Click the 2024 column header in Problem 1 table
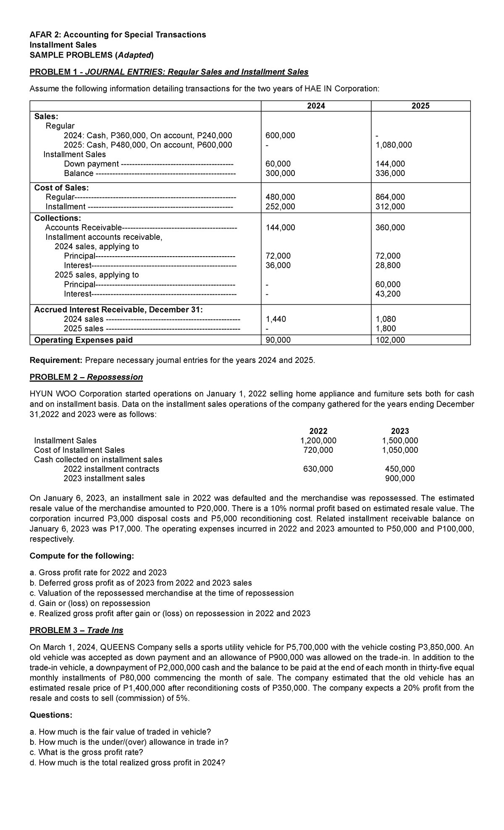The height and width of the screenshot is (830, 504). pyautogui.click(x=316, y=106)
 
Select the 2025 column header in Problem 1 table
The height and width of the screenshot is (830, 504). pyautogui.click(x=420, y=106)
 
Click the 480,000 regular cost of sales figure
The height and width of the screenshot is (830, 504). pyautogui.click(x=281, y=197)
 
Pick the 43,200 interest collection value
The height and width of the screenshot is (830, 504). pyautogui.click(x=388, y=294)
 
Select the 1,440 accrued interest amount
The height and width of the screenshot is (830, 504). pyautogui.click(x=276, y=319)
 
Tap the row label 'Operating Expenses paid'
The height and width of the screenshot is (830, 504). pyautogui.click(x=83, y=340)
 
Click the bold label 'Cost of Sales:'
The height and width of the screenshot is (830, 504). pyautogui.click(x=61, y=187)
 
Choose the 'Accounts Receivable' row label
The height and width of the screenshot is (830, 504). pyautogui.click(x=83, y=228)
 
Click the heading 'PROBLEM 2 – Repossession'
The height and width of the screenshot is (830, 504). pyautogui.click(x=86, y=377)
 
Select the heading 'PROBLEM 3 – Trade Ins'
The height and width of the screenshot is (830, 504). pyautogui.click(x=76, y=630)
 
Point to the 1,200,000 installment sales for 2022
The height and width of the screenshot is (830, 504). pyautogui.click(x=318, y=440)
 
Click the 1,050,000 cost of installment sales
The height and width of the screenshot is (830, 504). pyautogui.click(x=400, y=450)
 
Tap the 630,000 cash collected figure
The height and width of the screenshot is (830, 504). pyautogui.click(x=318, y=469)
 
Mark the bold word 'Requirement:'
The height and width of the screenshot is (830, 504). pyautogui.click(x=56, y=360)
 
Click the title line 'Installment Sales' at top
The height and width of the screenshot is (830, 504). pyautogui.click(x=63, y=45)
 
